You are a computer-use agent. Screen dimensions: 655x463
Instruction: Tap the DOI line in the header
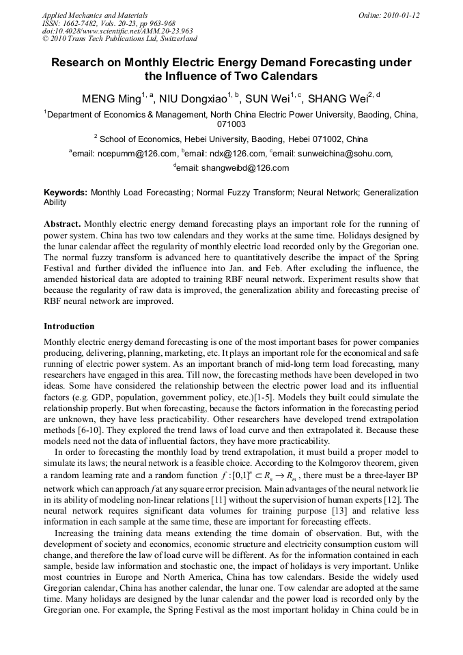(117, 31)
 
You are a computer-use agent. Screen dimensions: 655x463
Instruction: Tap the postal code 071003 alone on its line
(231, 125)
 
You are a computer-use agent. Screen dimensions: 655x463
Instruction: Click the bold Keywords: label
(66, 193)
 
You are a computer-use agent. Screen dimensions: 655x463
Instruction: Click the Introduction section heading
(69, 326)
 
